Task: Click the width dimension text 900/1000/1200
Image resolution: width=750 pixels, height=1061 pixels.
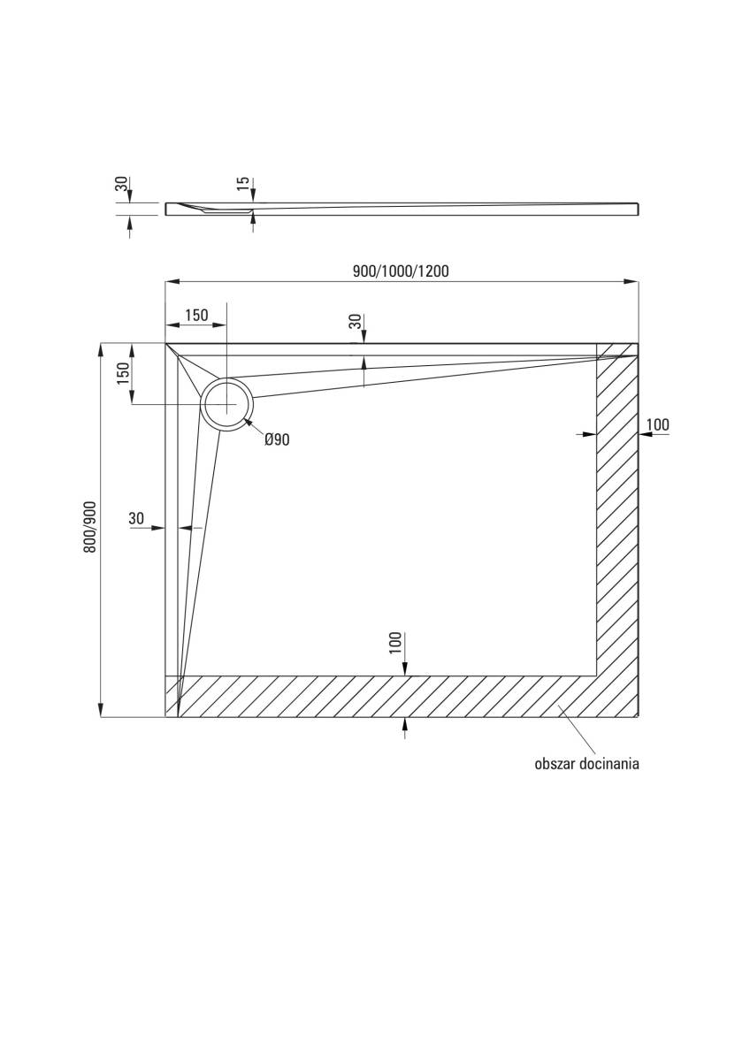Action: tap(401, 271)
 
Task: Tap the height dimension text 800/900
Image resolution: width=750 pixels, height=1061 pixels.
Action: tap(89, 527)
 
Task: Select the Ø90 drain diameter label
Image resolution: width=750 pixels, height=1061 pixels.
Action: tap(277, 440)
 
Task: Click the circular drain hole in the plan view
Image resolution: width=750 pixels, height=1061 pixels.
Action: tap(227, 404)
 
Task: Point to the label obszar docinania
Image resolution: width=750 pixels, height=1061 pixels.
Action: tap(586, 764)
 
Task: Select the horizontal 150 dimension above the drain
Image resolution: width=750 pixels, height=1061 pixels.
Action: tap(195, 316)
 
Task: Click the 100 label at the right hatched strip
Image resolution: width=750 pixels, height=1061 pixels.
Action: tap(657, 425)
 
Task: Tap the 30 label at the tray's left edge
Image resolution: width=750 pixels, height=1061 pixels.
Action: tap(136, 519)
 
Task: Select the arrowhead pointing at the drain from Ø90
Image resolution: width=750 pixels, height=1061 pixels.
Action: tap(249, 425)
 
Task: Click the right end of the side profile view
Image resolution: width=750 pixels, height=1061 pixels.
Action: tap(636, 209)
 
